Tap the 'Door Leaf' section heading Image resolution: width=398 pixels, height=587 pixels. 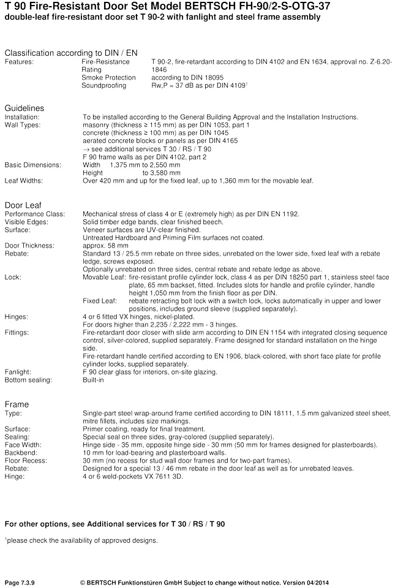coord(23,205)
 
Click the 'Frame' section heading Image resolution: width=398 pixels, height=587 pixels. coord(17,404)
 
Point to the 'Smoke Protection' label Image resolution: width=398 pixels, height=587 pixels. coord(107,78)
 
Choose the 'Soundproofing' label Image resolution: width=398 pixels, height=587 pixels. coord(104,86)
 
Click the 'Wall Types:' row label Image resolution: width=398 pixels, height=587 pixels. coord(23,125)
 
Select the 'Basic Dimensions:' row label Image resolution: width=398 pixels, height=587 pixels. coord(33,165)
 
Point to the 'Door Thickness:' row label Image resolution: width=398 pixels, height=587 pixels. coord(29,246)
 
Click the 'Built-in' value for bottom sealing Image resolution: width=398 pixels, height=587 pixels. coord(93,380)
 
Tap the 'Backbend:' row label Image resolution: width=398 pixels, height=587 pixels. coord(21,453)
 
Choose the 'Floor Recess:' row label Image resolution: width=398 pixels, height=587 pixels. coord(25,461)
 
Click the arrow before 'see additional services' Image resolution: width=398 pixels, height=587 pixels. coord(86,149)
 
